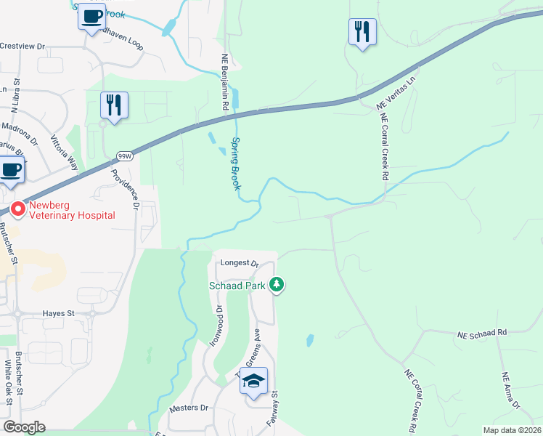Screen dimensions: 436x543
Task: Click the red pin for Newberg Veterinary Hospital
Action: (x=17, y=209)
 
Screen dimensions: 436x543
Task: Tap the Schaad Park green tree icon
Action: (x=276, y=284)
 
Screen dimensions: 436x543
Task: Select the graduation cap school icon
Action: (x=254, y=381)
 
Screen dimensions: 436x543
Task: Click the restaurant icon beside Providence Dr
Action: (x=115, y=105)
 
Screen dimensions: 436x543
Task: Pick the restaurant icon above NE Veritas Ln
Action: (x=362, y=31)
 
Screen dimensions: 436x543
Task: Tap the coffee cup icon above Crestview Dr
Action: (x=91, y=17)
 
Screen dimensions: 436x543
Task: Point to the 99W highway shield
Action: (x=125, y=156)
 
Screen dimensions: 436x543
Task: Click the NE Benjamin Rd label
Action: (x=225, y=84)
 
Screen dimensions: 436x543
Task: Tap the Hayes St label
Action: (x=61, y=313)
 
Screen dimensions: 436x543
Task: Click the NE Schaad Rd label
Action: (x=481, y=333)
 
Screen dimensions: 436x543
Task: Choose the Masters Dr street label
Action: (x=189, y=408)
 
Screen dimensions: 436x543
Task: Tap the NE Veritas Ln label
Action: (x=399, y=92)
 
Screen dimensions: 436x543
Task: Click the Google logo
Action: (x=24, y=427)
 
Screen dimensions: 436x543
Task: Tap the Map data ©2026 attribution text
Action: (x=512, y=430)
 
